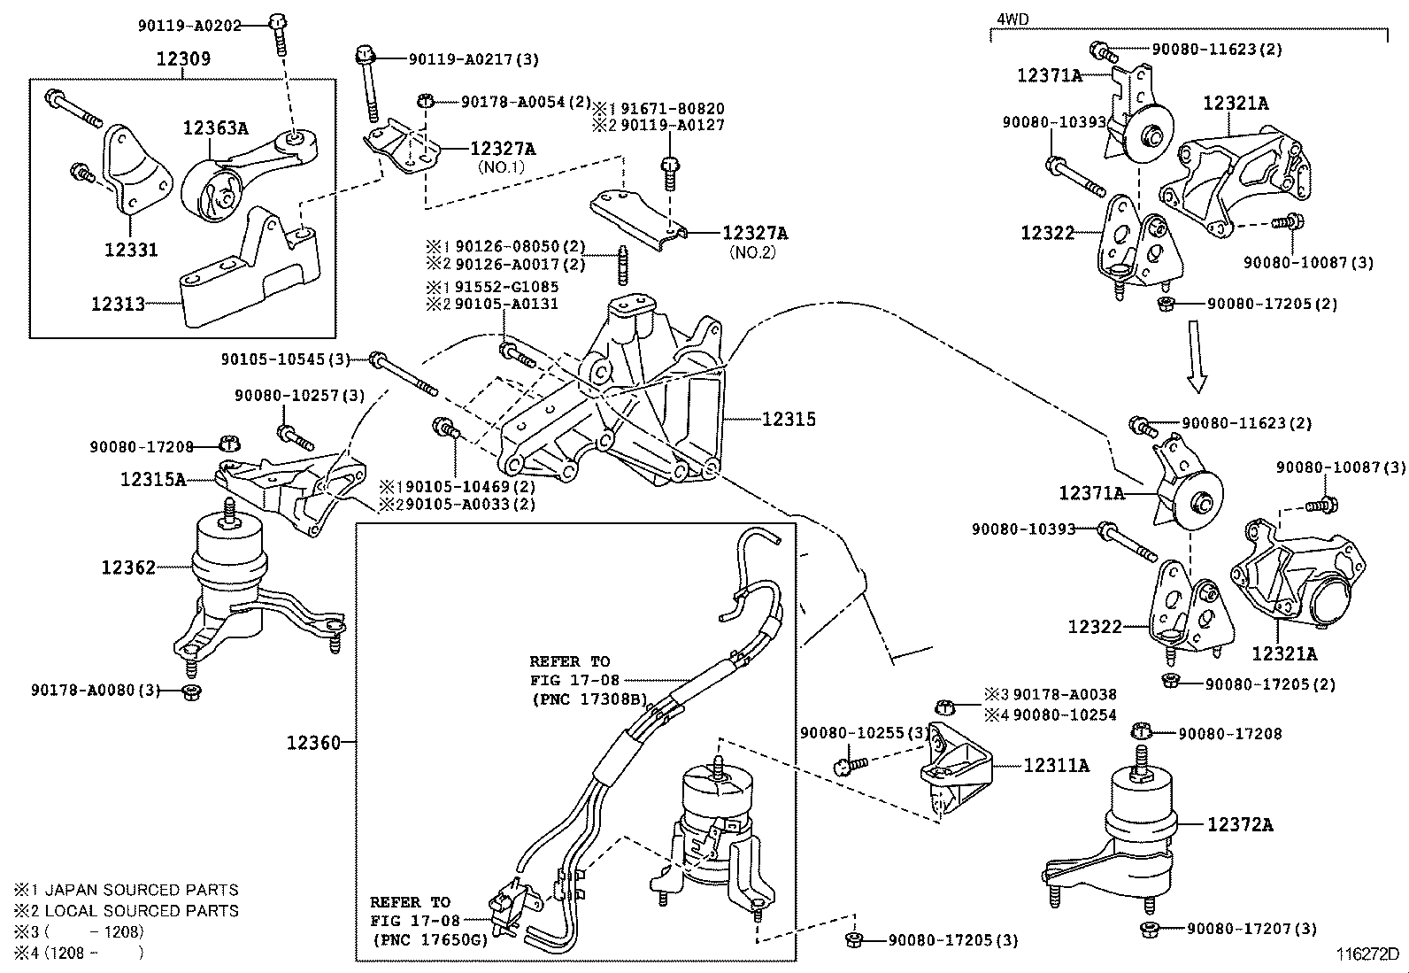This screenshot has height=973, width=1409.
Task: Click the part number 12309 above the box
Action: tap(183, 59)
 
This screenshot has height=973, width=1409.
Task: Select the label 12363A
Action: tap(215, 127)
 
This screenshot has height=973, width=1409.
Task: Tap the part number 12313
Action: tap(118, 304)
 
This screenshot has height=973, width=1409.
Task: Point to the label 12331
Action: tap(131, 250)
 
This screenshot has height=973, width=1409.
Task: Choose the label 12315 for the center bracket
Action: tap(789, 419)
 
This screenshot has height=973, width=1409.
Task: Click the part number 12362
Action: tap(128, 568)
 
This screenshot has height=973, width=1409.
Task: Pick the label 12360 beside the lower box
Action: tap(313, 742)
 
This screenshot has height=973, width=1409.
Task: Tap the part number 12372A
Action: tap(1240, 824)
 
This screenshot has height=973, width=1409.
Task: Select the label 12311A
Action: tap(1057, 765)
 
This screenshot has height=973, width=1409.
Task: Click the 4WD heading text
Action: tap(1013, 19)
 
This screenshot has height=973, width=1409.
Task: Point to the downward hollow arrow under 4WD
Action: tap(1197, 358)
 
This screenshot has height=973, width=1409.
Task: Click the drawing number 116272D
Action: tap(1367, 954)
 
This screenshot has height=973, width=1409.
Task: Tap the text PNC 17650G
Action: tap(430, 939)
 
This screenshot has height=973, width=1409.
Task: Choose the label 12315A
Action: tap(153, 480)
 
